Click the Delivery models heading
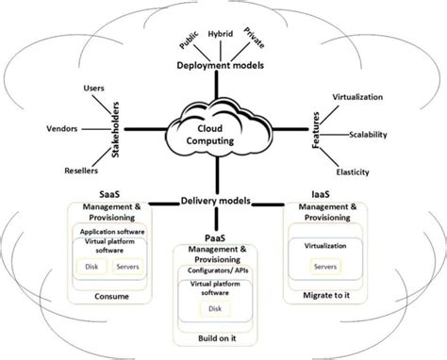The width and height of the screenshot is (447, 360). (219, 199)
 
